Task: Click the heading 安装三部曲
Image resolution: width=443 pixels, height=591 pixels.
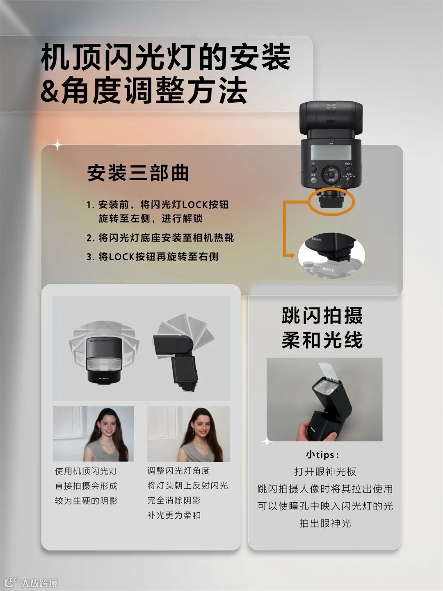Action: point(138,173)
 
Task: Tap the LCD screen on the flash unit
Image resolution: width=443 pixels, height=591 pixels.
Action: point(331,152)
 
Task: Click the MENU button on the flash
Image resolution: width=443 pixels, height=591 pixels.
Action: point(349,169)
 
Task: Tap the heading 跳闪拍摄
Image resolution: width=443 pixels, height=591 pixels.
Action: point(322,315)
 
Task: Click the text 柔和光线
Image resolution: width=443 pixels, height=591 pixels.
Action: point(322,339)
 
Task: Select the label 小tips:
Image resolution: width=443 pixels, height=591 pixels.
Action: point(322,455)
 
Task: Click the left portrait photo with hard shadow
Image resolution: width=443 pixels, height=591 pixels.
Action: point(94,434)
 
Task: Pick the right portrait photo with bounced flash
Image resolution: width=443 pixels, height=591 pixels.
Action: point(188,434)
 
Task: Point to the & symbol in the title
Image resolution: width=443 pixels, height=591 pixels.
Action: point(50,90)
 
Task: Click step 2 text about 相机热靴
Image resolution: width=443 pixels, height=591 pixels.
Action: point(160,238)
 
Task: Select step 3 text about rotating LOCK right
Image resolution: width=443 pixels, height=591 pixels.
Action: point(152,257)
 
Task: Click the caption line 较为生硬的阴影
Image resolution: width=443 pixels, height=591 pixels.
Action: point(86,501)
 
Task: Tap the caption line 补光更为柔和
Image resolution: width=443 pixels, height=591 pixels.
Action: point(174,515)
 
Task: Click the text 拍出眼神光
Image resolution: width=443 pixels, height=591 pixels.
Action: point(325,523)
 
